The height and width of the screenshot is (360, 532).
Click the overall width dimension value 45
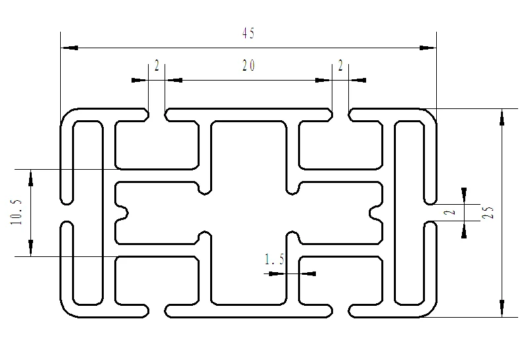point(248,34)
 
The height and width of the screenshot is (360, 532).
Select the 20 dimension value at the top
point(248,65)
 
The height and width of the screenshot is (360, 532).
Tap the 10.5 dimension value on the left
point(17,212)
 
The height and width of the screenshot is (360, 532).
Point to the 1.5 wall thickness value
point(274,260)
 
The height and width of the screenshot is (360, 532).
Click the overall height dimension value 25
point(489,213)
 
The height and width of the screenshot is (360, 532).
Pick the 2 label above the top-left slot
point(157,65)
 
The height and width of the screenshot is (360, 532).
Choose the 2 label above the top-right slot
point(340,65)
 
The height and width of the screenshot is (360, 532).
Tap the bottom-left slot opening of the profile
point(157,310)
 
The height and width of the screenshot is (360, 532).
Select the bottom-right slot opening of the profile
point(340,310)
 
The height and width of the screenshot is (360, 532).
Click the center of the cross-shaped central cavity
point(248,212)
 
